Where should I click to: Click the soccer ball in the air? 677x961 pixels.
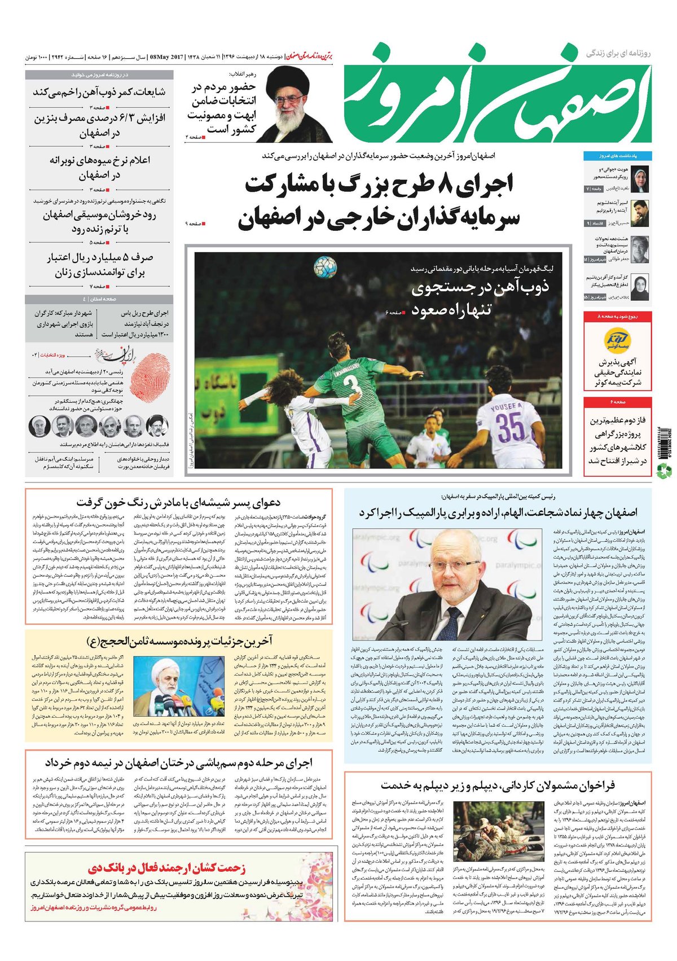(x=326, y=267)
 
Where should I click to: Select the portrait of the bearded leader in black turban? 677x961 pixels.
(x=293, y=104)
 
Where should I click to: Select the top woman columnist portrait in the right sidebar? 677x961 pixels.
(x=639, y=178)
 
